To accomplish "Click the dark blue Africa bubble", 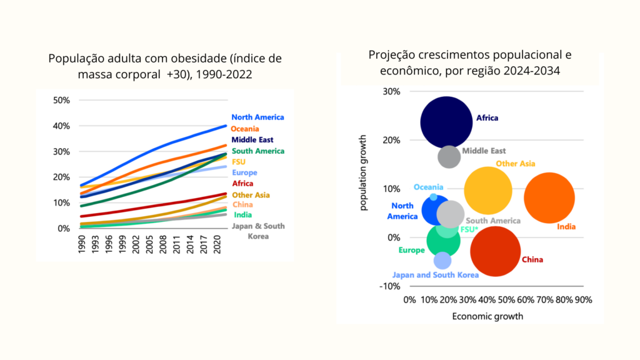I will coord(446,122).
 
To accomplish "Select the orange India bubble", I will coord(549,197).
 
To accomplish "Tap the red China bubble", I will coord(495,251).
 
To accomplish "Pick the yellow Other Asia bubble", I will coord(488,191).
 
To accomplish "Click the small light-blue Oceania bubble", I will coord(434,197).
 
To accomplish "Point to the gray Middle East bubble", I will coord(449,156).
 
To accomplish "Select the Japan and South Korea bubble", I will coord(442,261).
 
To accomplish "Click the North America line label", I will coord(257,117).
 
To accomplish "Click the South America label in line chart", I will coord(257,151).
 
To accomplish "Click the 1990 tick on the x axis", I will coord(82,244).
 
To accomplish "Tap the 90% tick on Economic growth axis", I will coord(583,300).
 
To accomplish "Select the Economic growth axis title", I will coord(487,316).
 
